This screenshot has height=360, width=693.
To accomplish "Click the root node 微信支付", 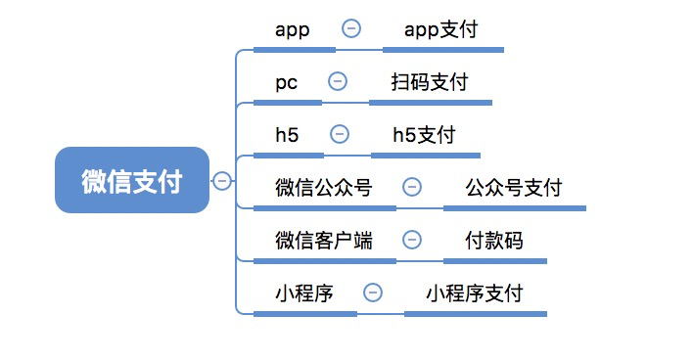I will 132,180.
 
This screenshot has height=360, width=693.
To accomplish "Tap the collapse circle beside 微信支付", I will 222,180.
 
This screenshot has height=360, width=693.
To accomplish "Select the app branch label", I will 293,29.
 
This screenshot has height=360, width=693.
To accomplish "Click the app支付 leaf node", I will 441,29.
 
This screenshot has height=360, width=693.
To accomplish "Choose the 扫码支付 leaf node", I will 430,81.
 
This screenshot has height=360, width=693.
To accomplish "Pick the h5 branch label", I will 288,134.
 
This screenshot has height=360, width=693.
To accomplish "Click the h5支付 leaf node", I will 424,134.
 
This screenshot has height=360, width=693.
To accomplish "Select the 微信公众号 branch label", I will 324,187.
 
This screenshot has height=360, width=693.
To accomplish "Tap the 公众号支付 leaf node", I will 514,187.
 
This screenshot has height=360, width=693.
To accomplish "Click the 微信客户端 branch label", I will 324,240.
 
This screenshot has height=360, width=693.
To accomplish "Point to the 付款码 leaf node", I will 494,240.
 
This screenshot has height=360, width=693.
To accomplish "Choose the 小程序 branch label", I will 304,292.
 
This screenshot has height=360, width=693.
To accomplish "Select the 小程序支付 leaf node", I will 476,292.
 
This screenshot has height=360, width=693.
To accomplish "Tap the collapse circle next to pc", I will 338,81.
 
